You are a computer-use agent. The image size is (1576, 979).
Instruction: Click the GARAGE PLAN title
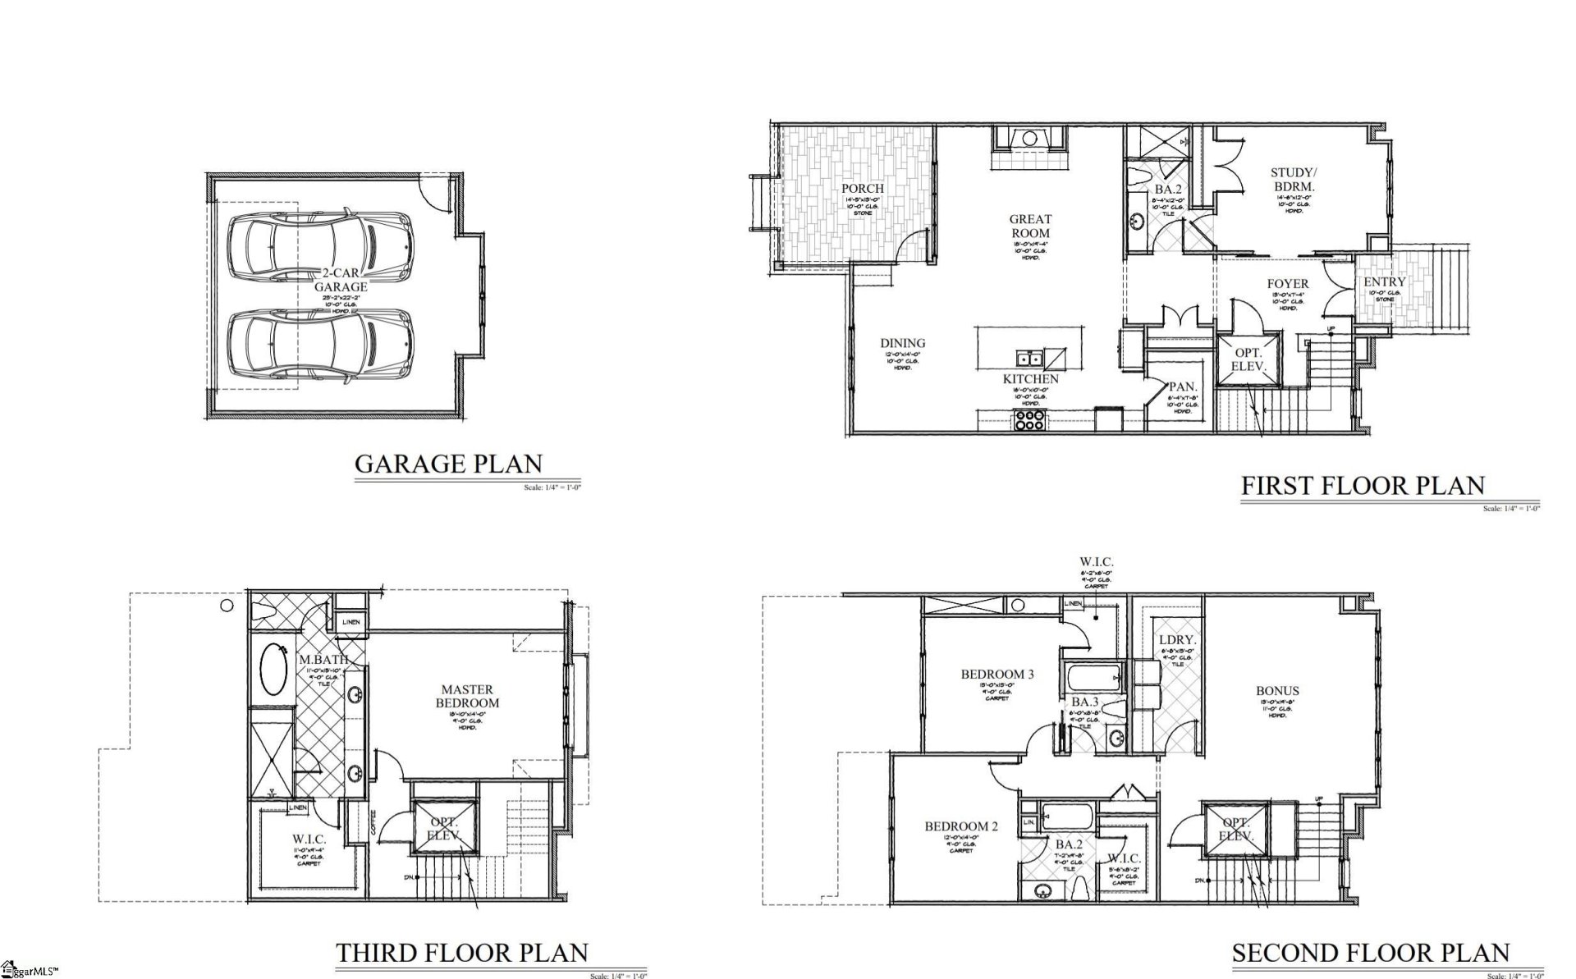coord(448,464)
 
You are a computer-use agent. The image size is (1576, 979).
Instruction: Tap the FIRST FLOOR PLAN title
coord(1363,486)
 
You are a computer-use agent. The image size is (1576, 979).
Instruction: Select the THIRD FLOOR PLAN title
coord(462,953)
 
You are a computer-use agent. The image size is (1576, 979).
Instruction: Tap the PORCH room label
coord(863,189)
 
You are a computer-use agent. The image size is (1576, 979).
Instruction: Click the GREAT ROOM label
coord(1030,226)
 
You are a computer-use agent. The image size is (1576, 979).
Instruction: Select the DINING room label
coord(903,344)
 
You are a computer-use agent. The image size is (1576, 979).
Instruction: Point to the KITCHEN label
coord(1031,379)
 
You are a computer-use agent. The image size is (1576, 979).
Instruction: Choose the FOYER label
coord(1287,285)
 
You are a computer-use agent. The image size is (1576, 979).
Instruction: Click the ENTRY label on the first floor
coord(1385,282)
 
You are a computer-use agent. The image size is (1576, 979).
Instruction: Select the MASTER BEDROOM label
coord(466,696)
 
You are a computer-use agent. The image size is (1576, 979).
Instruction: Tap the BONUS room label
coord(1277,691)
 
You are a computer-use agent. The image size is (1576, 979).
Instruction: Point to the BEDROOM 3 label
coord(997,675)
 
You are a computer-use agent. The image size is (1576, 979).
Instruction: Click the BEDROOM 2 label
coord(961,826)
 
